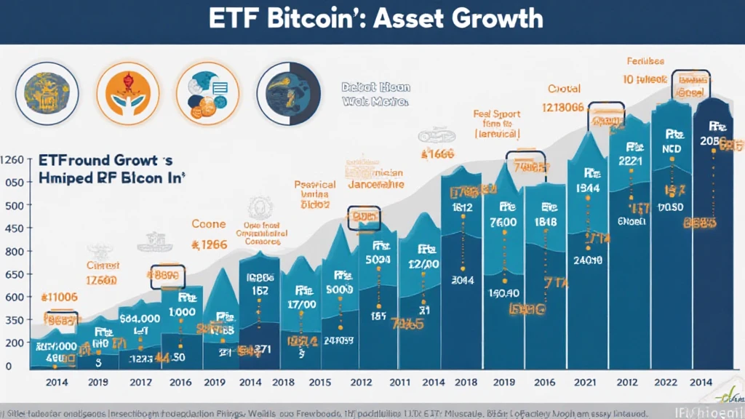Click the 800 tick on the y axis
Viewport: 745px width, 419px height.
[15, 251]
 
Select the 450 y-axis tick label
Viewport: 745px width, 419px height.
[15, 228]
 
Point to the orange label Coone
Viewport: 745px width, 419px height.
[208, 225]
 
